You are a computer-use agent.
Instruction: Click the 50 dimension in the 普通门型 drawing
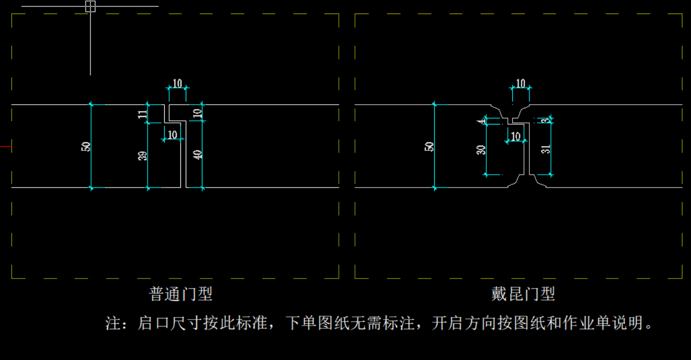pos(86,146)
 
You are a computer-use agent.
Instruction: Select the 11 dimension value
pos(142,114)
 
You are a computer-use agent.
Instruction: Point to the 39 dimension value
pos(142,156)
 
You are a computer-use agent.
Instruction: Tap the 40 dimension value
pos(198,155)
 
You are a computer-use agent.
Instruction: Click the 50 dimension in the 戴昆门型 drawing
pos(429,146)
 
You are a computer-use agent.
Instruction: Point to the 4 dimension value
pos(481,121)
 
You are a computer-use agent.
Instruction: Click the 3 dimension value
pos(546,120)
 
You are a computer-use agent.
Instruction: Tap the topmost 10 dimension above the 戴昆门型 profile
pos(520,83)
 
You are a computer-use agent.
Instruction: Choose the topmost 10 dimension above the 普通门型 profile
pos(177,83)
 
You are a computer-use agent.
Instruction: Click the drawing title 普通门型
pos(180,294)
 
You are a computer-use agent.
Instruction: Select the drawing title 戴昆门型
pos(523,294)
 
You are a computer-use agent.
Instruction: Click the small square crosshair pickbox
pos(90,6)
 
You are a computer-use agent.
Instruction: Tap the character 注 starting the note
pos(113,323)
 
